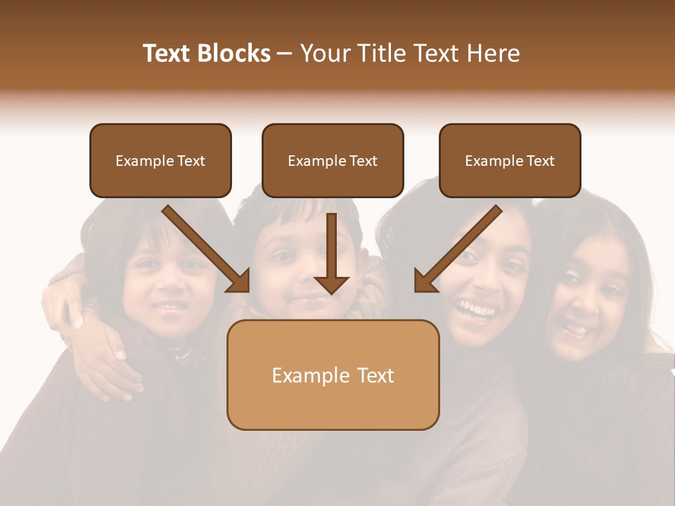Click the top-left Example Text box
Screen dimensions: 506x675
click(160, 161)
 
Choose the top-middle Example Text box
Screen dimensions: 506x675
click(333, 161)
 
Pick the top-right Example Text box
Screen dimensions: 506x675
click(510, 161)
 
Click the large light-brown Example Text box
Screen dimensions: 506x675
click(333, 375)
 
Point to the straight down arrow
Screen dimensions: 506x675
click(331, 253)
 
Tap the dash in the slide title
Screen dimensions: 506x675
click(285, 53)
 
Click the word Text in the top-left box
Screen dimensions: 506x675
click(191, 161)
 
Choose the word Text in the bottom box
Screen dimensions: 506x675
click(375, 375)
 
